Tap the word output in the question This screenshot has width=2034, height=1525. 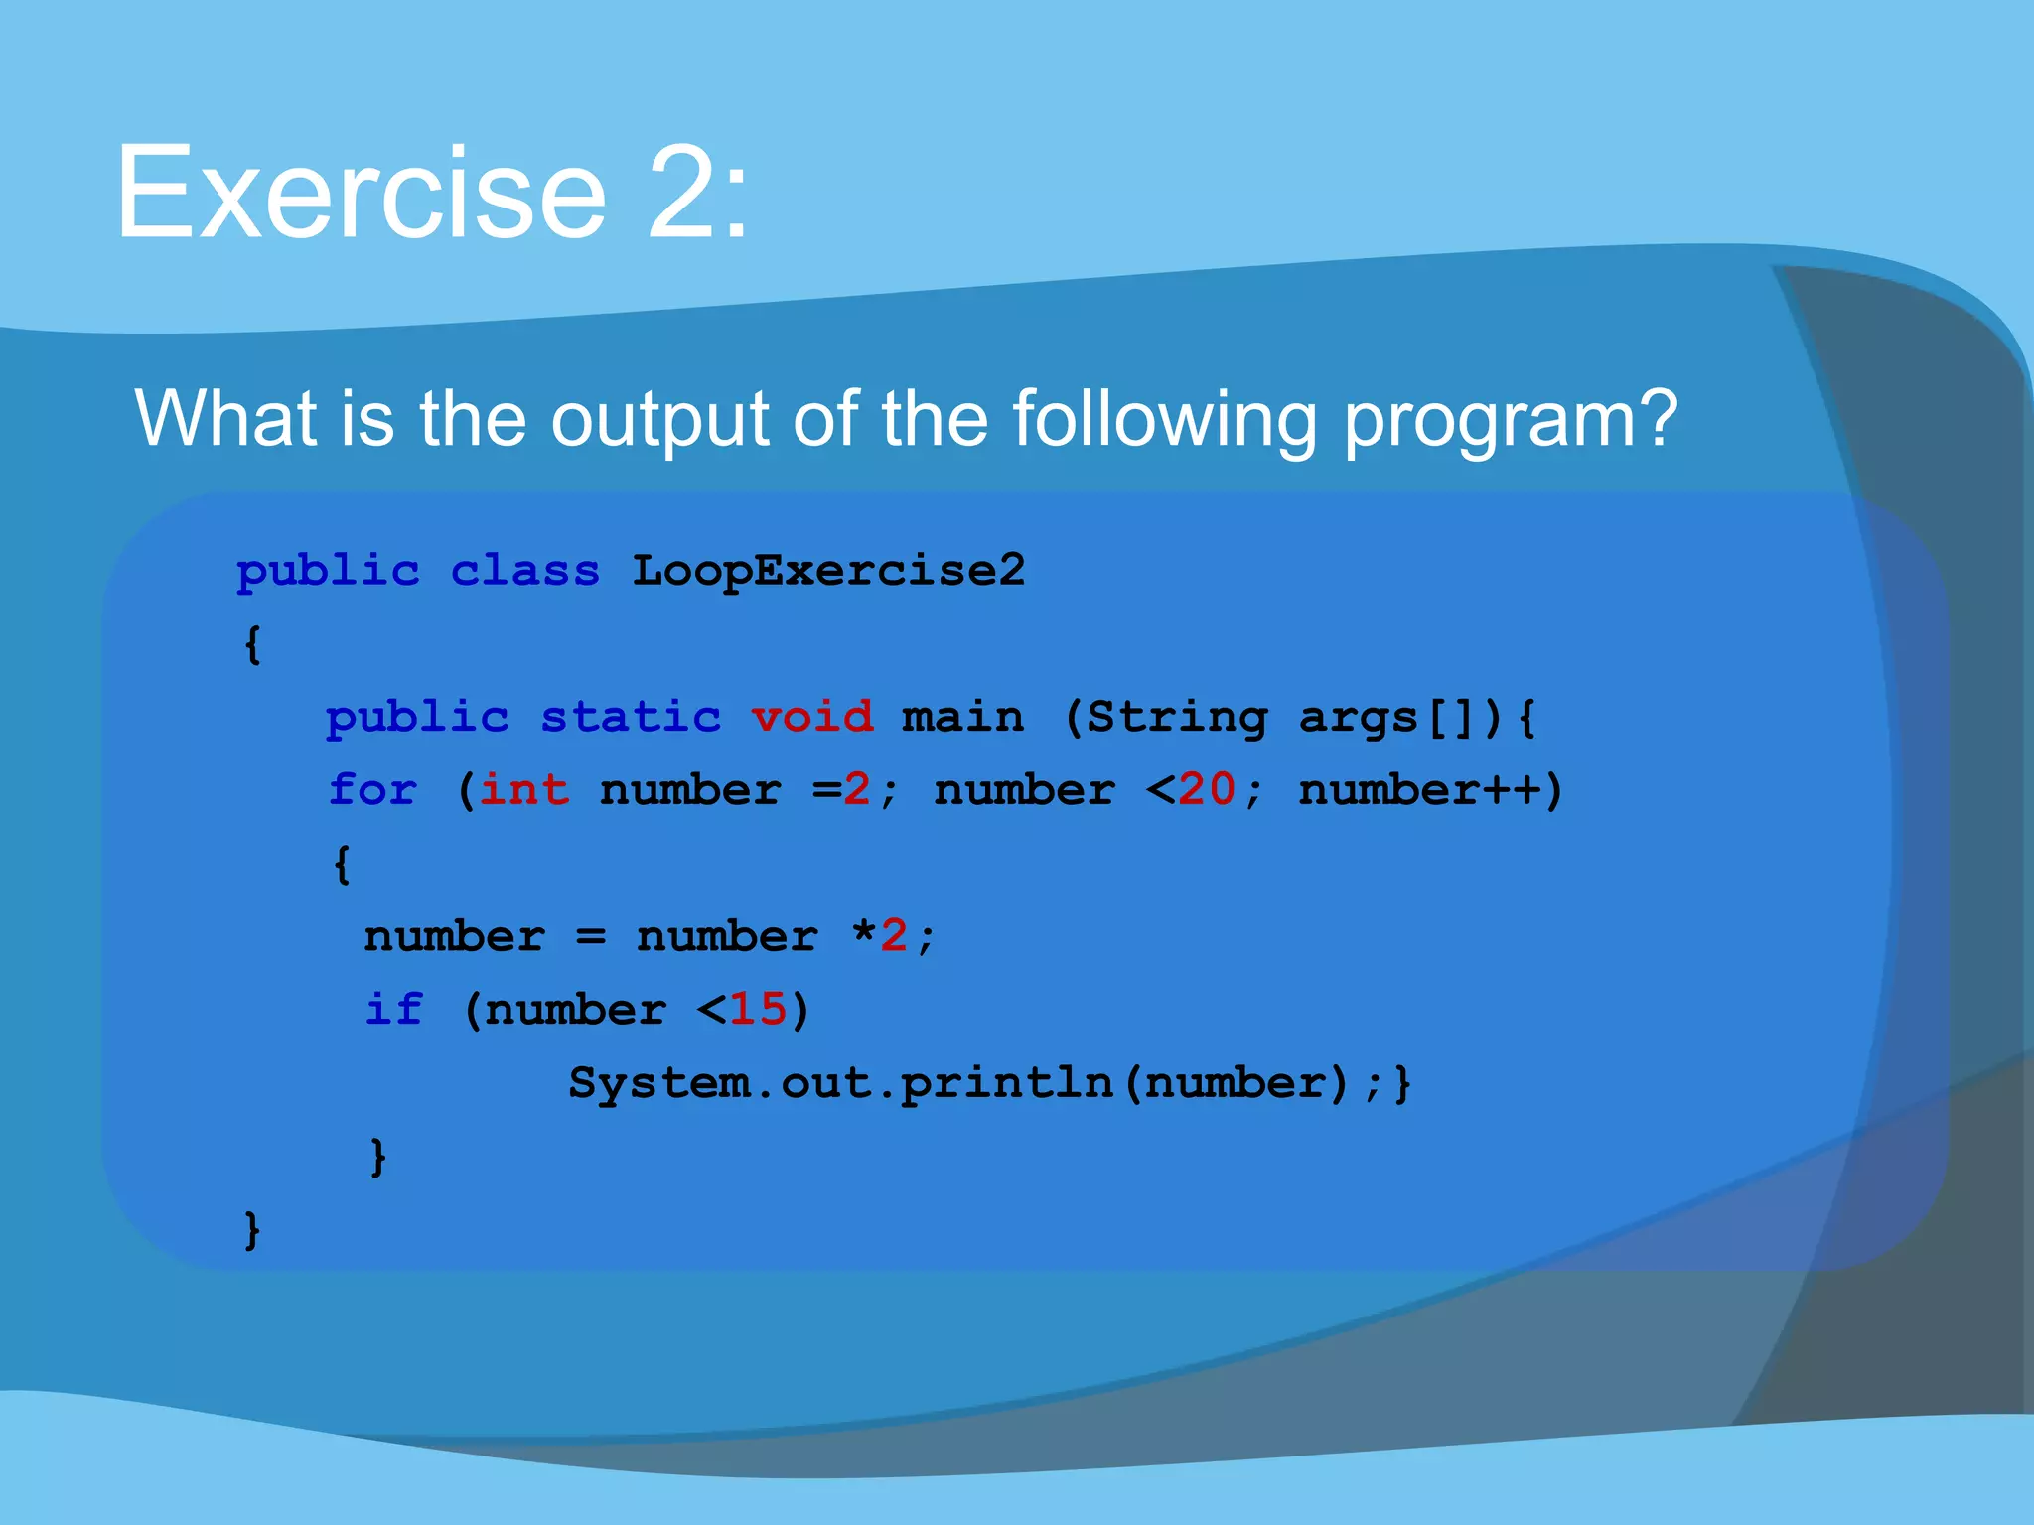[659, 419]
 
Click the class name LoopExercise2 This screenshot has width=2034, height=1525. [828, 571]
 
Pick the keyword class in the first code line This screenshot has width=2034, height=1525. [525, 571]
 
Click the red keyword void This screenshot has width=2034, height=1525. [812, 717]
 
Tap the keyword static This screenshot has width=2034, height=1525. [631, 717]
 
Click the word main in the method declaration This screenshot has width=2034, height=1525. [962, 717]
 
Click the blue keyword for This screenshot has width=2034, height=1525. [372, 790]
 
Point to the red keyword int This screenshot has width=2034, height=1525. [524, 790]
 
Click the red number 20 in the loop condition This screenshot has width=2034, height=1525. [1207, 790]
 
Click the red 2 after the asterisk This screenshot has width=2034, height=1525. [893, 936]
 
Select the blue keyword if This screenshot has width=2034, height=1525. [394, 1010]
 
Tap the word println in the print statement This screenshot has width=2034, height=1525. [1006, 1083]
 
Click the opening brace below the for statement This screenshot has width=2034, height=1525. [342, 864]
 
